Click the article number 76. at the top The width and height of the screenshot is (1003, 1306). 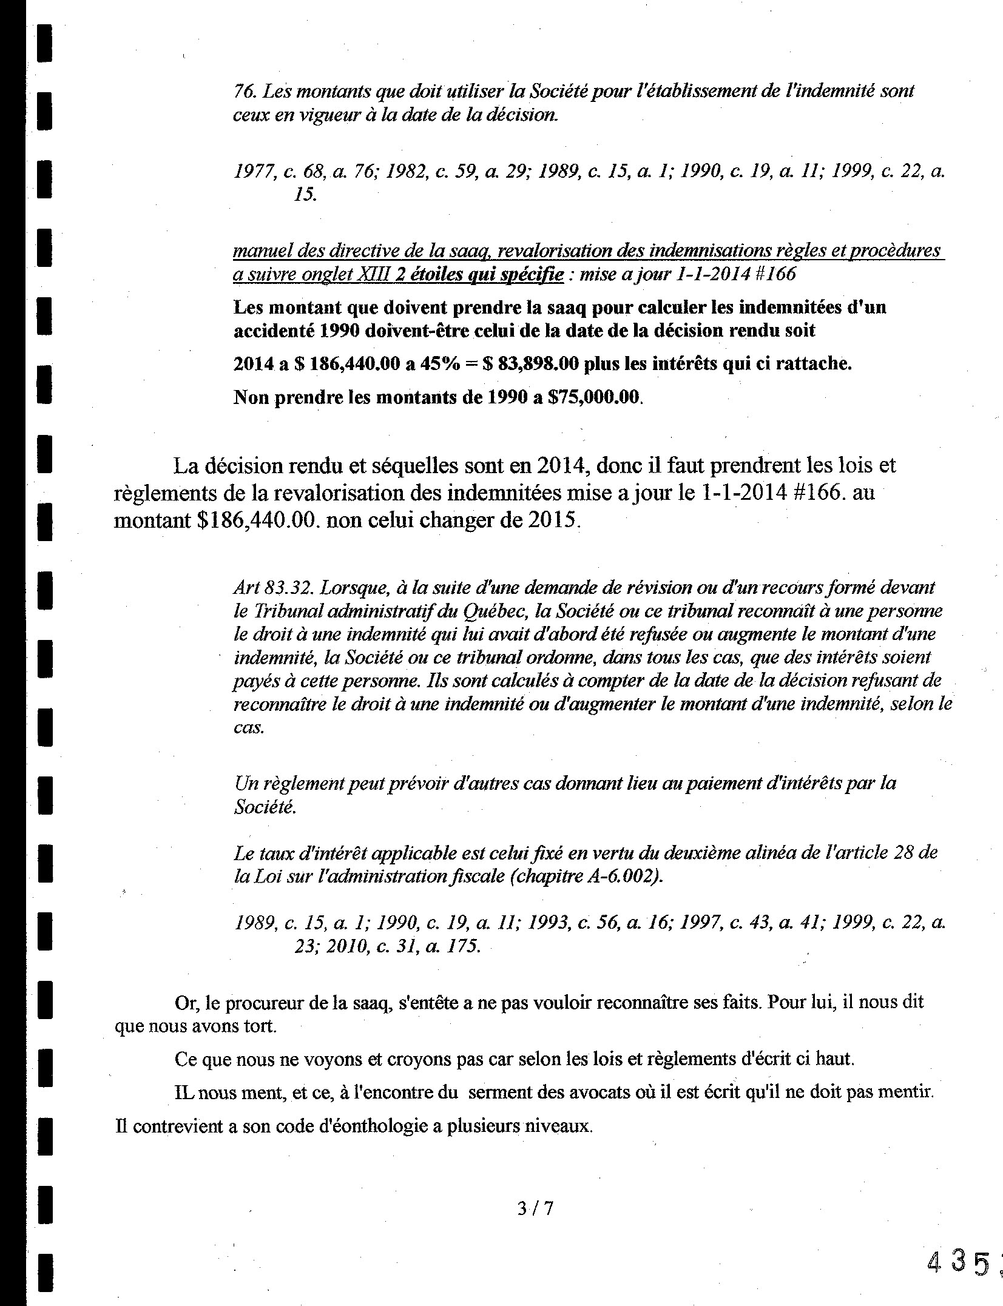point(244,91)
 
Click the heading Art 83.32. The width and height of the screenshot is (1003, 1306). point(272,587)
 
